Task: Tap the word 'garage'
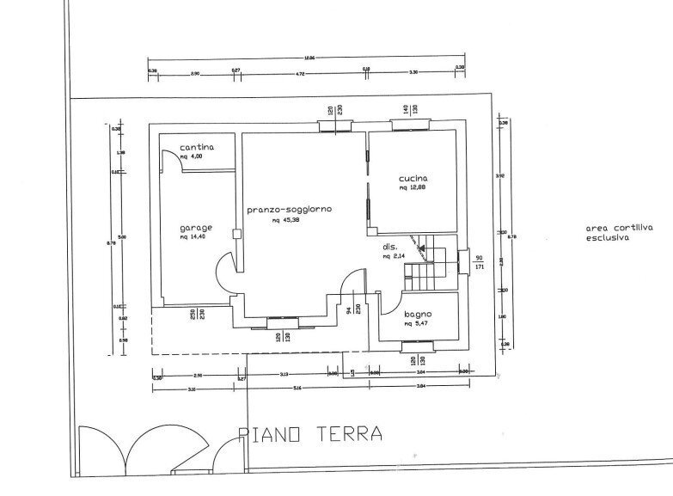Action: pos(195,228)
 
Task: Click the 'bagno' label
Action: pos(418,314)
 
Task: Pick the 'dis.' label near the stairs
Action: pos(389,247)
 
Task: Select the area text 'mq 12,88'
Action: pos(413,189)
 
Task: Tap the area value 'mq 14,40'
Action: pos(195,237)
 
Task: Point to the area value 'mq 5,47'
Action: pos(418,324)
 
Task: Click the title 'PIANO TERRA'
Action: pos(310,434)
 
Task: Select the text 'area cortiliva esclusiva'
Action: pos(608,234)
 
